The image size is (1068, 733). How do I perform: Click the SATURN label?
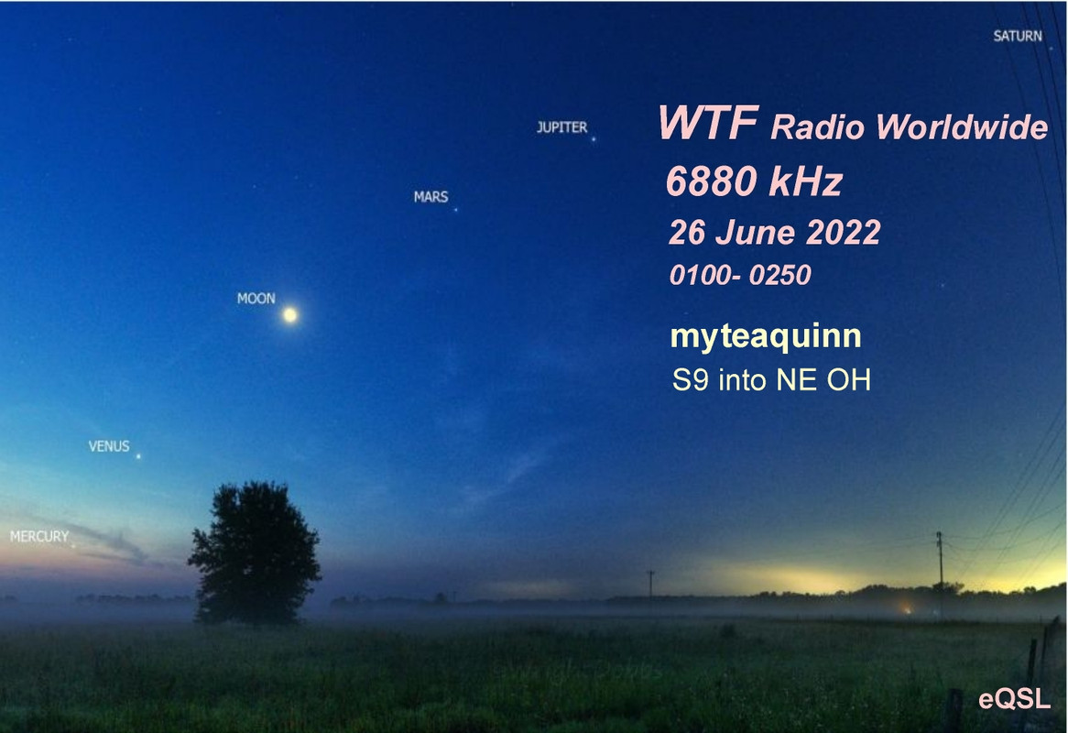(x=1018, y=36)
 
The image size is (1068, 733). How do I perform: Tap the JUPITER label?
(x=561, y=127)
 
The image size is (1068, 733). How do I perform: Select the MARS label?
(x=431, y=197)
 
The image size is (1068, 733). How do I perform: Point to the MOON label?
(x=256, y=299)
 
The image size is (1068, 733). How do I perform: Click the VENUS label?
(x=109, y=446)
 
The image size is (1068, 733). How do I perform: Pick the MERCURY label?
(x=39, y=537)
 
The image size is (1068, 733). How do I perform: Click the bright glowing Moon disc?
(x=290, y=314)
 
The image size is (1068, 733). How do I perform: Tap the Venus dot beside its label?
(x=138, y=456)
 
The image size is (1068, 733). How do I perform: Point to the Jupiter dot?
(x=594, y=139)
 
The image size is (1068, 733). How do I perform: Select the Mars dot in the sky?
(x=455, y=209)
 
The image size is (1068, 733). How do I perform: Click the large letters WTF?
(x=708, y=123)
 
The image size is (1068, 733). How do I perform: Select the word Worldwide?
(x=962, y=126)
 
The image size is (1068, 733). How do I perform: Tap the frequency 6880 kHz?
(x=754, y=181)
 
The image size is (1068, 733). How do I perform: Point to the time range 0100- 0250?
(x=740, y=275)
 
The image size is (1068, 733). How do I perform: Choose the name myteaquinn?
(x=766, y=336)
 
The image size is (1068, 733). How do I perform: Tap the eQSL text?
(x=1014, y=700)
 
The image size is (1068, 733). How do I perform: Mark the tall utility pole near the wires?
(x=940, y=574)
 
